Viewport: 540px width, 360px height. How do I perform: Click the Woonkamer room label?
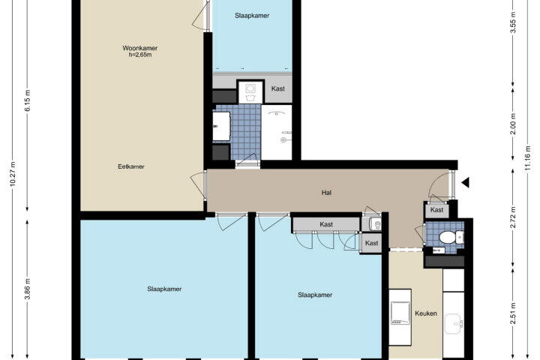(x=139, y=48)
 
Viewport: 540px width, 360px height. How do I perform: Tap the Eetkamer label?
(x=131, y=166)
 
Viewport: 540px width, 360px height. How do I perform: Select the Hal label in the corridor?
(x=326, y=193)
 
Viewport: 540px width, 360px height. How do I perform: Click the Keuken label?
(x=426, y=313)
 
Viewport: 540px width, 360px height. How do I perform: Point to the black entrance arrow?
(x=465, y=182)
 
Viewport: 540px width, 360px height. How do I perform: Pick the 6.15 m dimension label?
(x=28, y=100)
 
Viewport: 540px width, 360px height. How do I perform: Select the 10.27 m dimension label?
(x=13, y=174)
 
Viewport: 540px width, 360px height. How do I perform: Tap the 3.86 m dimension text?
(x=28, y=289)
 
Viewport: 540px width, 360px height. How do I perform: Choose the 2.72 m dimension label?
(x=513, y=217)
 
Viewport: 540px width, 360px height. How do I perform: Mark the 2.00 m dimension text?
(x=513, y=124)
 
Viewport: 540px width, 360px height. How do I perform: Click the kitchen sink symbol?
(x=454, y=324)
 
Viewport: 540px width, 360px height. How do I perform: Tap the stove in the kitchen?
(x=400, y=313)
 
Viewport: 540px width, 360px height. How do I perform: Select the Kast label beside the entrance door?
(x=437, y=210)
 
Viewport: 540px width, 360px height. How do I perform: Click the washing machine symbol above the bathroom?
(x=250, y=91)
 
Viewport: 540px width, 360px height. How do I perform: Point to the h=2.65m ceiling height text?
(x=140, y=55)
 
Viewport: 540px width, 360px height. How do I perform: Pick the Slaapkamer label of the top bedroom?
(x=252, y=16)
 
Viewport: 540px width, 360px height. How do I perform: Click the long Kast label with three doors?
(x=326, y=224)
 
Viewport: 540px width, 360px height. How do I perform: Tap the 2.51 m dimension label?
(x=513, y=313)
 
